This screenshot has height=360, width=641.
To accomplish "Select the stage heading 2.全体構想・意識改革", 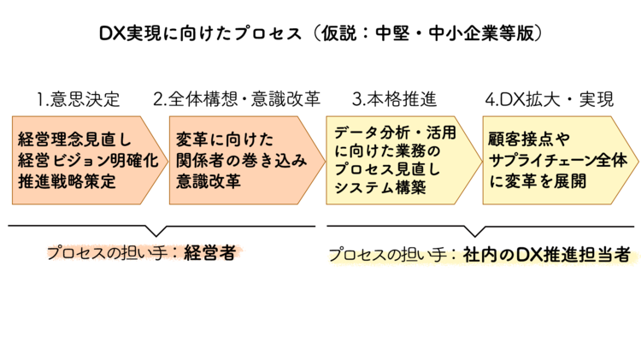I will tap(237, 99).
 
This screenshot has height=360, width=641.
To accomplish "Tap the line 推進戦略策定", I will tap(68, 181).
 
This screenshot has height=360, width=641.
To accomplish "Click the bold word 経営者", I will tap(209, 252).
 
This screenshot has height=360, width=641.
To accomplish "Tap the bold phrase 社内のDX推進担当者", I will tap(547, 254).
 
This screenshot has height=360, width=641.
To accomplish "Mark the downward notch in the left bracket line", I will tap(156, 232).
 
